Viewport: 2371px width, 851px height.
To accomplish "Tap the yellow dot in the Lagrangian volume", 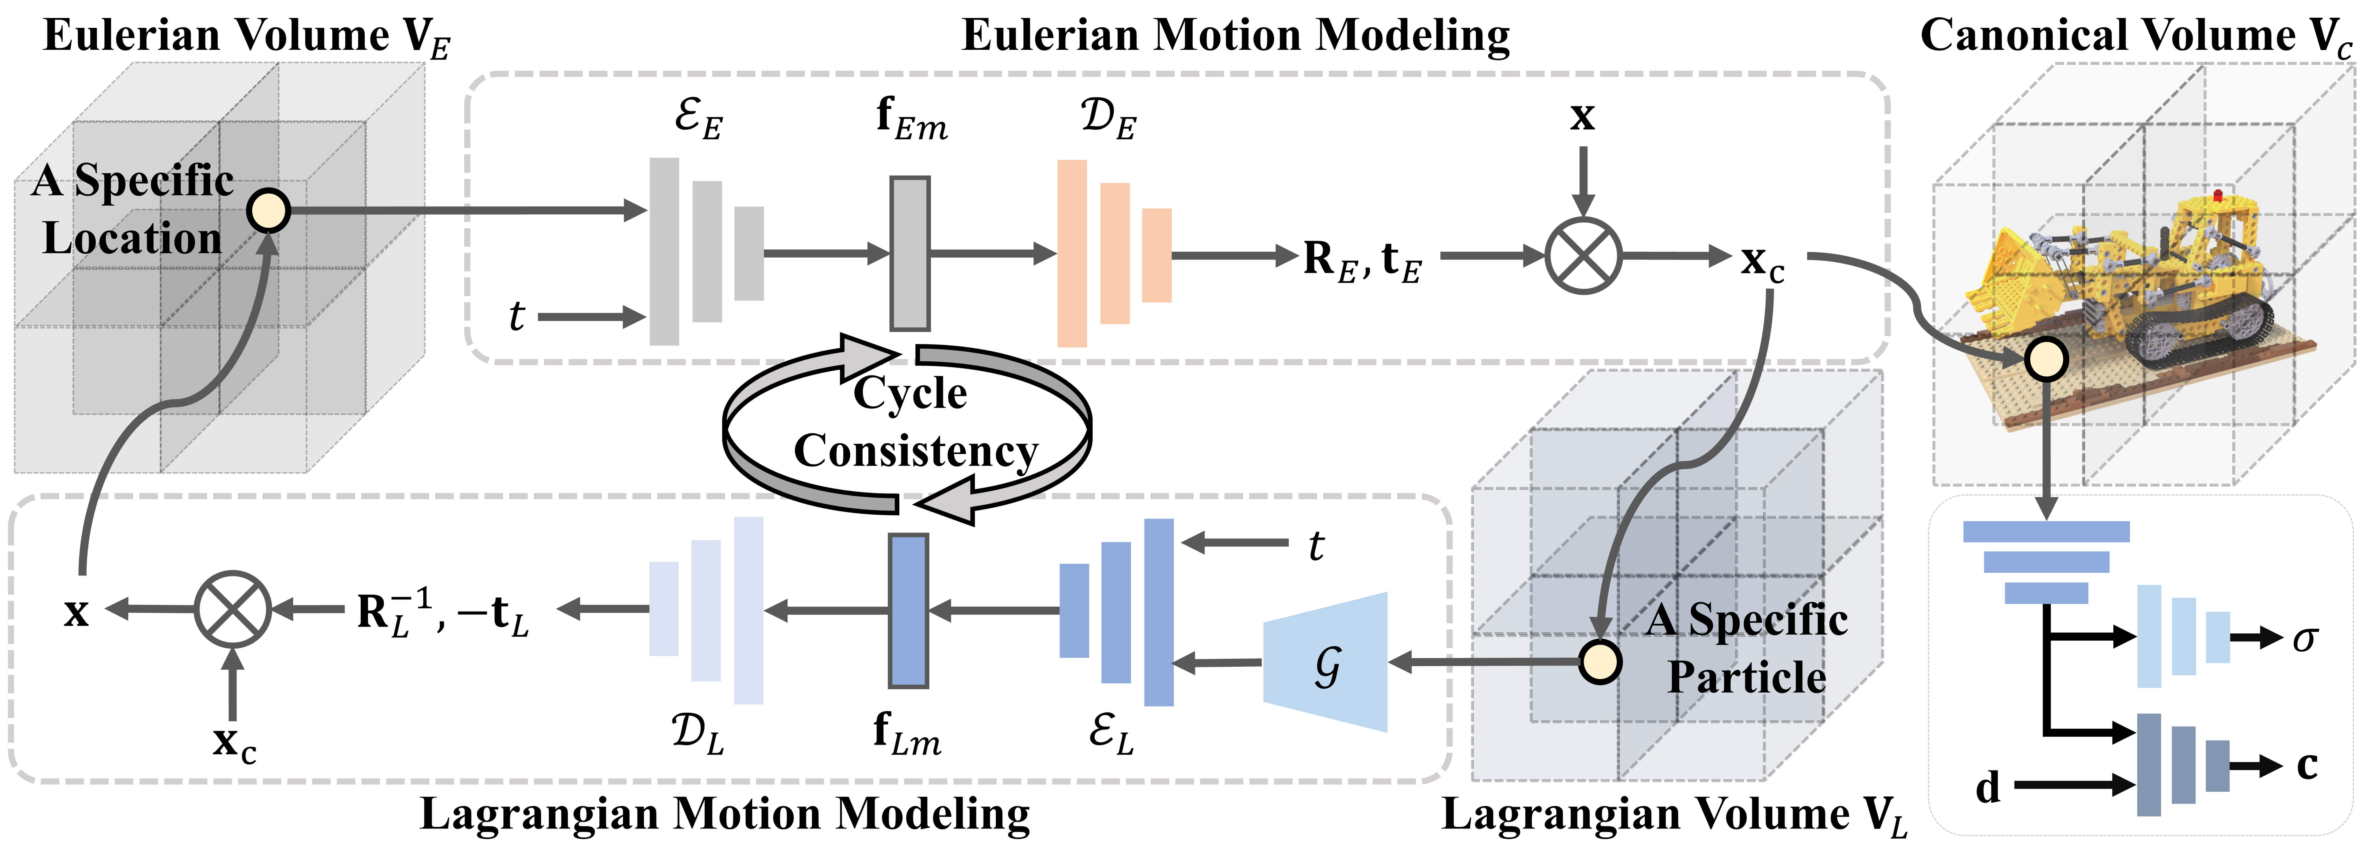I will [1600, 662].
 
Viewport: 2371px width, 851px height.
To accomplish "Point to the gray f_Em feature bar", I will [909, 253].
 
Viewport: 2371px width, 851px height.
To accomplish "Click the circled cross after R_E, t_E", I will [1582, 256].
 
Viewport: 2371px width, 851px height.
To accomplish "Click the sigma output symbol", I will [2304, 637].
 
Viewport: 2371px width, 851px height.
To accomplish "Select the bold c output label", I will [2307, 765].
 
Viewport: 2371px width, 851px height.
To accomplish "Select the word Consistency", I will [916, 451].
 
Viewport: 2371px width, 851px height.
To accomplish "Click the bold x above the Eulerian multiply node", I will [1582, 116].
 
